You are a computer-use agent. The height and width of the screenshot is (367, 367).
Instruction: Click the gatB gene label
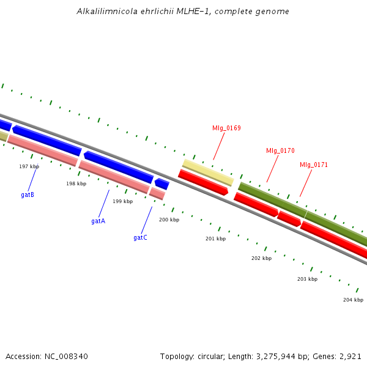point(28,195)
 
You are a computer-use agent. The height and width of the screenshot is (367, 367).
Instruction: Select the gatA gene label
point(98,221)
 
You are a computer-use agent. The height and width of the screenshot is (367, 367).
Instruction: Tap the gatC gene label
point(140,237)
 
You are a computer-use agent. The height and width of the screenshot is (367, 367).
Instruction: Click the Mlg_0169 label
point(226,128)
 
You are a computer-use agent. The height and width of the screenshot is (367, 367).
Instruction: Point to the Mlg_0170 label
point(280,150)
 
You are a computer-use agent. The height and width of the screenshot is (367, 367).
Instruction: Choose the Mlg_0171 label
point(314,165)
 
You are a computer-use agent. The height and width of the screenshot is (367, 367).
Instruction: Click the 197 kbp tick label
point(29,166)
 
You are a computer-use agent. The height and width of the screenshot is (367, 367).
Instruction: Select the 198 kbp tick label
point(76,183)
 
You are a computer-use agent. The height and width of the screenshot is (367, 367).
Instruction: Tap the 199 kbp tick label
point(122,201)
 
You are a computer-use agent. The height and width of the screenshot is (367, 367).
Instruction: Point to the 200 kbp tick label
point(169,220)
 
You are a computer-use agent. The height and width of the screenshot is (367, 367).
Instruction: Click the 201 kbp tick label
point(215,239)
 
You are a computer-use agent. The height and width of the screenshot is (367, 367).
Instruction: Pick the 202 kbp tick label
point(261,258)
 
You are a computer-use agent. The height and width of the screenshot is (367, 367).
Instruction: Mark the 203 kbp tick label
point(307,279)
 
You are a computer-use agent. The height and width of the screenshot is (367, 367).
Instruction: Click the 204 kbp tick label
point(353,300)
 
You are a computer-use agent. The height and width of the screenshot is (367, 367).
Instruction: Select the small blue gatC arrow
point(162,183)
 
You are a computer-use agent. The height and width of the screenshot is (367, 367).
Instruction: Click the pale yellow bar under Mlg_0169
point(208,172)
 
